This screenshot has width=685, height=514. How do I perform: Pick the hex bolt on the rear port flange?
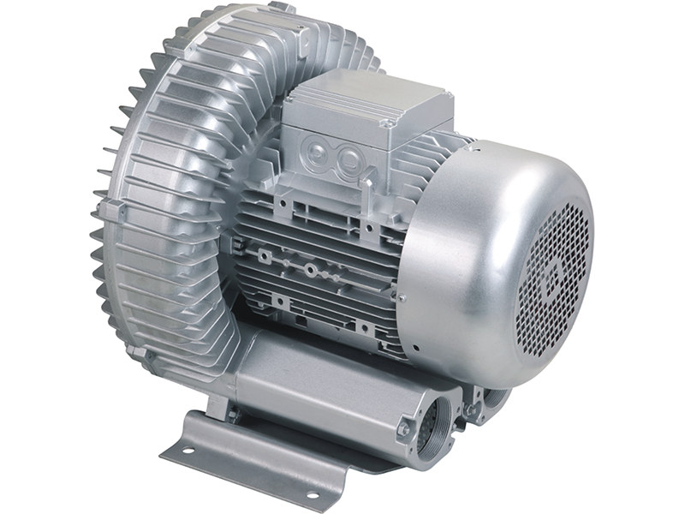[468, 410]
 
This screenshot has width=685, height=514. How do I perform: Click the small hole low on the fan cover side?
[416, 349]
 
